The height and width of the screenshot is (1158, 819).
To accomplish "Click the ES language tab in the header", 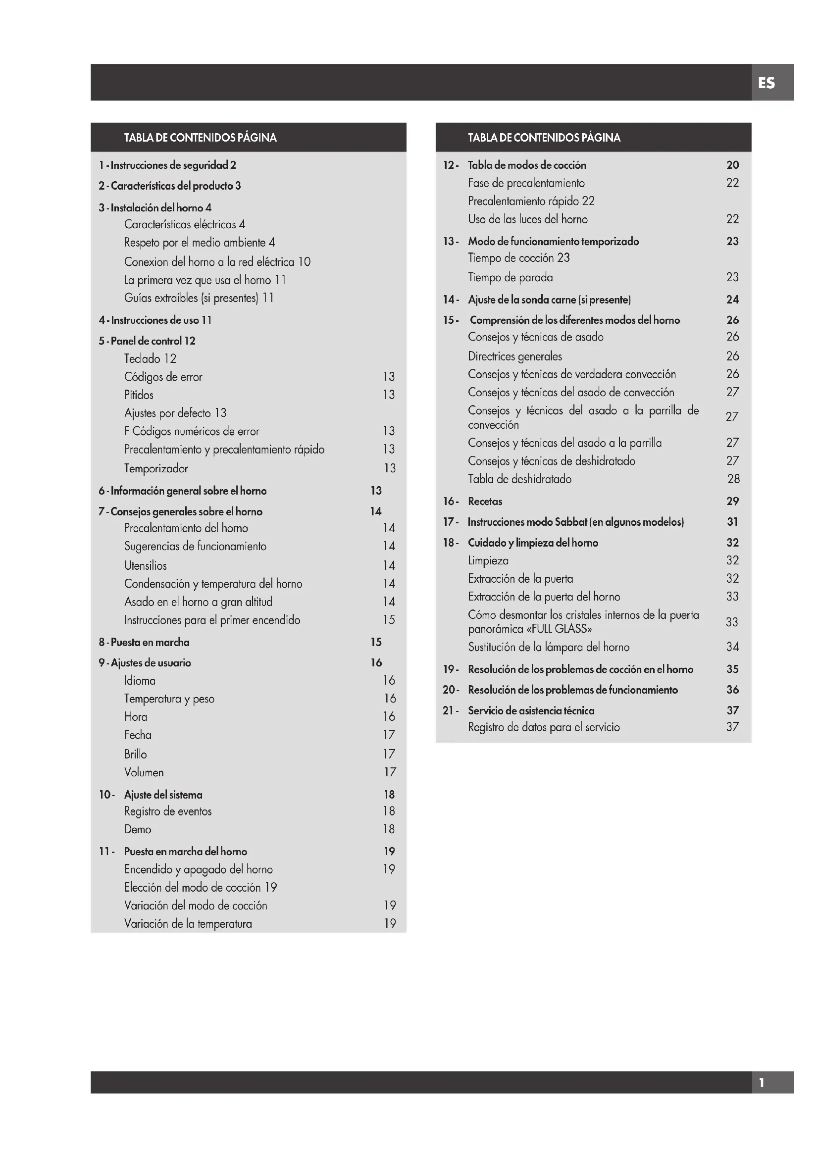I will click(766, 83).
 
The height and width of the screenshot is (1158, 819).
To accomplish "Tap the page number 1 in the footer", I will click(762, 1083).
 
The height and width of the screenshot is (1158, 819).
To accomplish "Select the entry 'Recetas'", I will click(485, 502).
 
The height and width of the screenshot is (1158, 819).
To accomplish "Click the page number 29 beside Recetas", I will click(732, 502).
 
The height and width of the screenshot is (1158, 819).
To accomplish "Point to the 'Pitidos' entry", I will click(139, 395).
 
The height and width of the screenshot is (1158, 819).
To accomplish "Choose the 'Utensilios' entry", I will click(145, 565).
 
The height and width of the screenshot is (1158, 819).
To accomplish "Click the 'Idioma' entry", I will click(140, 680).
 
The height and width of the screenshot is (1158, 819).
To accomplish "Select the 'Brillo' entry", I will click(135, 754).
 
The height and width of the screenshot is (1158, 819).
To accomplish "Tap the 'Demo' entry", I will click(138, 829).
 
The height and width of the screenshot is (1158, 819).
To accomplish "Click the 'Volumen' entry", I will click(144, 772).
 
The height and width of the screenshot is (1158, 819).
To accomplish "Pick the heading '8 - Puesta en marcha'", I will click(144, 642).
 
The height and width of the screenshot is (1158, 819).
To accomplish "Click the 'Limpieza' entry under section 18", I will click(488, 560).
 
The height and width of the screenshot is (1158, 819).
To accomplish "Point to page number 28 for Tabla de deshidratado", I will click(733, 479).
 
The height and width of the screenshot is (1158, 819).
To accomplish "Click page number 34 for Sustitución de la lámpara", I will click(732, 647).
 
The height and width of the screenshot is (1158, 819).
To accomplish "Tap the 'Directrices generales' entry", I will click(514, 356).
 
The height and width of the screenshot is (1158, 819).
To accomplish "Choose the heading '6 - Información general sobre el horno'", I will click(183, 491).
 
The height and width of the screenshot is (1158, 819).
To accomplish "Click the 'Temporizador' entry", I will click(156, 468).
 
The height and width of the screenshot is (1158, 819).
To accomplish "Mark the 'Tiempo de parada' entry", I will click(510, 277).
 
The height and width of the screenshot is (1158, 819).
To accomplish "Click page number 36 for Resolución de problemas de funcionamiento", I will click(732, 690).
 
